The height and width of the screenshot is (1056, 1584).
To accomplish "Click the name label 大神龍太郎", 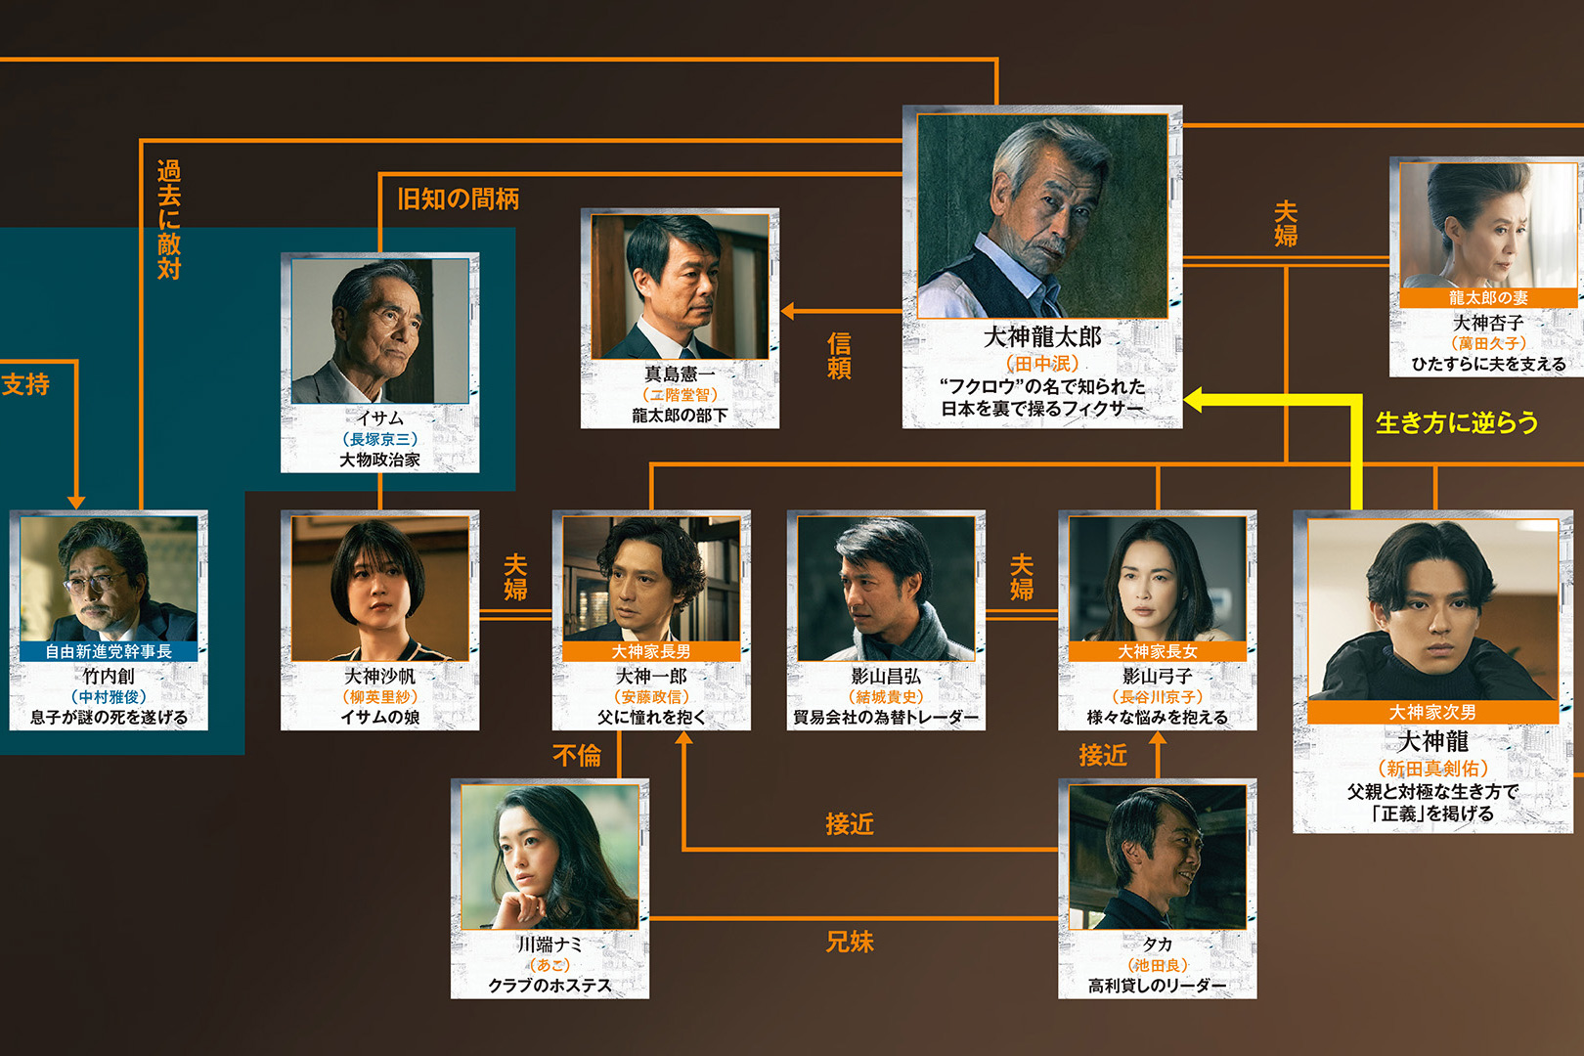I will click(1041, 337).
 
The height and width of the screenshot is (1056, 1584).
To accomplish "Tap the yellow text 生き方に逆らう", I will click(1456, 422).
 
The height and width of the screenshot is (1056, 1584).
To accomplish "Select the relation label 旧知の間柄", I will click(458, 199).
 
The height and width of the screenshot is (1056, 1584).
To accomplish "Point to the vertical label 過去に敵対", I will click(169, 220).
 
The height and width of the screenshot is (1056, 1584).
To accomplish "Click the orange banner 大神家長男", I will click(651, 651).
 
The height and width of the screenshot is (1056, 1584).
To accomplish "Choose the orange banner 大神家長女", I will click(1157, 651).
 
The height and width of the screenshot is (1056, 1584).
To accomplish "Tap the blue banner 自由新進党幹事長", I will click(109, 651).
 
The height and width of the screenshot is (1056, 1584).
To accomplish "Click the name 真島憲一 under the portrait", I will click(680, 374).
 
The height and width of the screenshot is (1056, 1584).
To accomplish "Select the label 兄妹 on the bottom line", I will click(850, 942).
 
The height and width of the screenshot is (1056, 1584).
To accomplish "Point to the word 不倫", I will click(577, 755).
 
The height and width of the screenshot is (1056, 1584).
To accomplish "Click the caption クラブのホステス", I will click(550, 986).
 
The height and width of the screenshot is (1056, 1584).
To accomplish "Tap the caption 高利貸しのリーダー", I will click(1157, 986).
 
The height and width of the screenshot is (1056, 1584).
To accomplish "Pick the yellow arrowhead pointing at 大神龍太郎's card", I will click(1194, 399).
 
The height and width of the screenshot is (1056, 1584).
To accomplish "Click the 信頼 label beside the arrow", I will click(839, 356).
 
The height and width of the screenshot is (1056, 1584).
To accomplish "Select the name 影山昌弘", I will click(886, 676).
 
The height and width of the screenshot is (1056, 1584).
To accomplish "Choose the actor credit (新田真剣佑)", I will click(1432, 769).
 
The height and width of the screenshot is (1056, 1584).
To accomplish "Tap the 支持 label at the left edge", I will click(25, 384).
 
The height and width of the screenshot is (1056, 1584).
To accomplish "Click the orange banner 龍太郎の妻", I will click(1487, 298).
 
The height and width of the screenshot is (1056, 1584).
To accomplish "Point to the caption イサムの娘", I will click(379, 717).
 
